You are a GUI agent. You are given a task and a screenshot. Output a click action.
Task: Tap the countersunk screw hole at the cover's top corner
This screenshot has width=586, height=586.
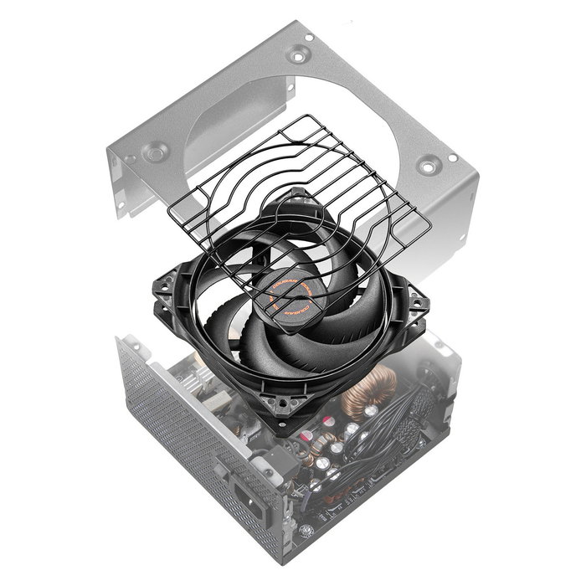pos(296,55)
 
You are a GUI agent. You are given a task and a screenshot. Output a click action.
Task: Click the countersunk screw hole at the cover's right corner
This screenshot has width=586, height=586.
pos(428,165)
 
